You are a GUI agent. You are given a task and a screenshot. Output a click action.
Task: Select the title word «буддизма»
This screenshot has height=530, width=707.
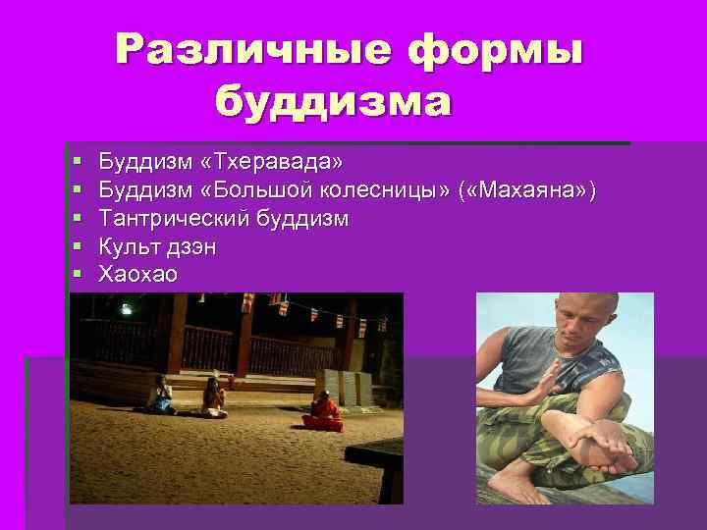click(334, 100)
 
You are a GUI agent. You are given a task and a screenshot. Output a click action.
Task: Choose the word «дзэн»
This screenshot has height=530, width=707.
click(190, 247)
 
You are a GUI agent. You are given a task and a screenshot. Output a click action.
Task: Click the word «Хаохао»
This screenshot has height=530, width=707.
click(138, 275)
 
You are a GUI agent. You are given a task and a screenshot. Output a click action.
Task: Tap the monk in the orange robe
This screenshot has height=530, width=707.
click(322, 410)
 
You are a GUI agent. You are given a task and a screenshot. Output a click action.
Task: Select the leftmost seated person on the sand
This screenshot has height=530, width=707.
click(159, 395)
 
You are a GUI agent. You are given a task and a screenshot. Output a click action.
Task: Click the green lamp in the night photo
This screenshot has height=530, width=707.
click(126, 309)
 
